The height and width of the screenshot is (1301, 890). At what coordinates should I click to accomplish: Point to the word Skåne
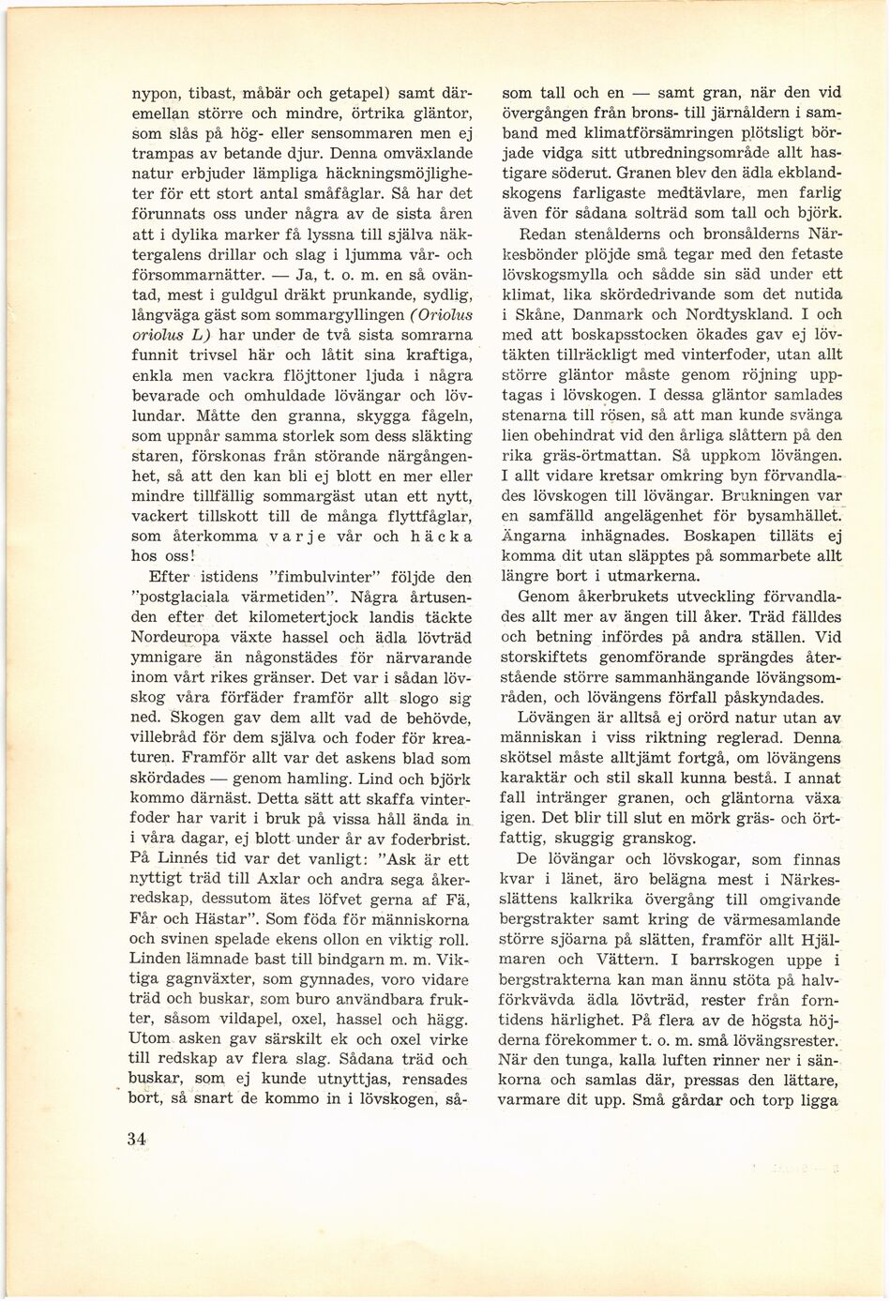[x=537, y=315]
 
